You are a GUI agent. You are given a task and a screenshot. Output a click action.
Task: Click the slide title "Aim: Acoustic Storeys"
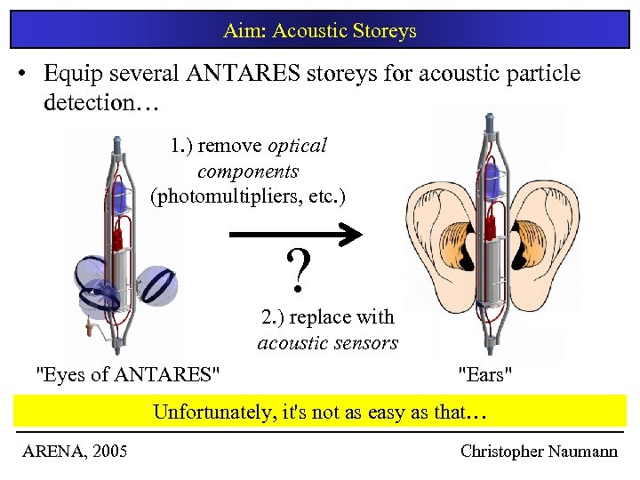coord(320,31)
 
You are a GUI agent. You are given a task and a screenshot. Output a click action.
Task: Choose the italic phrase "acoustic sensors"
coord(328,342)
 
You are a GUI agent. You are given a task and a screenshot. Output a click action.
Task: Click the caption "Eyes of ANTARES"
coord(126,374)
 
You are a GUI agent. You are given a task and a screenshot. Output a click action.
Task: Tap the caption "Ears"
coord(484,374)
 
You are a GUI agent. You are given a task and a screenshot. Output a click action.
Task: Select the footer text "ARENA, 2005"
coord(75,452)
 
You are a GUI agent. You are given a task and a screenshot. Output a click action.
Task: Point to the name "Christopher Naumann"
coord(539,452)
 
